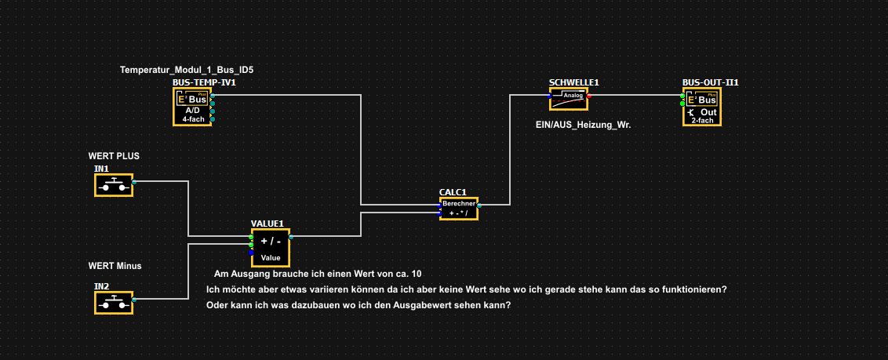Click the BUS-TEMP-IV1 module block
(x=192, y=106)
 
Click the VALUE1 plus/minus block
(x=271, y=249)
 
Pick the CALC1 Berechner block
(x=457, y=209)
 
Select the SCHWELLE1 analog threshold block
(x=568, y=99)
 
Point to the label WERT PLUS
(x=114, y=156)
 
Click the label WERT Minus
(x=115, y=266)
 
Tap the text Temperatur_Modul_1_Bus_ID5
(x=187, y=70)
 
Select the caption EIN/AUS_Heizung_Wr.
(x=578, y=124)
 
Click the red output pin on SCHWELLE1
(x=590, y=96)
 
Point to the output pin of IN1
(x=134, y=181)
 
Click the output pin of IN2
(x=134, y=299)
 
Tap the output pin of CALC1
(x=478, y=205)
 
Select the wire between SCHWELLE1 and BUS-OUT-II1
(x=635, y=96)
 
